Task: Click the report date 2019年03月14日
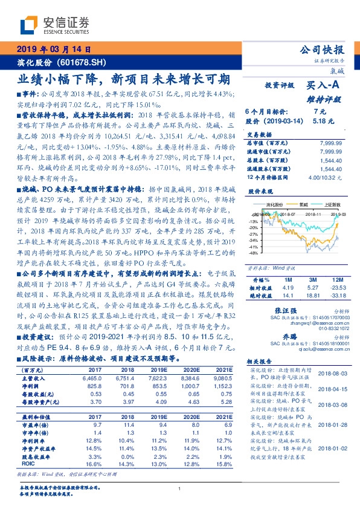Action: click(53, 50)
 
